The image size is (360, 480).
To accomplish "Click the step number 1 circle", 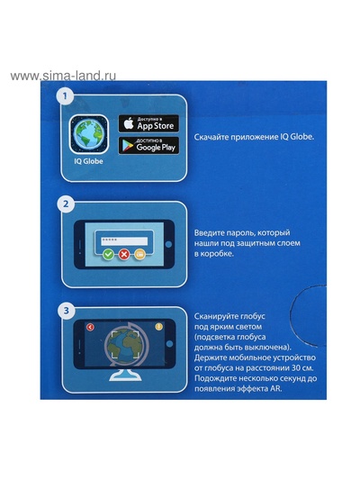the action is pos(65,96).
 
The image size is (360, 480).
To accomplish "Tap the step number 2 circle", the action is pos(66,204).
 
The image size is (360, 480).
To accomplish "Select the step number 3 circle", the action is pos(66,311).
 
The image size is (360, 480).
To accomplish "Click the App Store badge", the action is pos(148,123).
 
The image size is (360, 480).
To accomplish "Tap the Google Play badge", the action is pos(148,145).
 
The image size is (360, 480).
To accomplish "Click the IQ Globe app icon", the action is pos(89,134).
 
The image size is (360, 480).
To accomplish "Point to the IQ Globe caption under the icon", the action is pos(89,161).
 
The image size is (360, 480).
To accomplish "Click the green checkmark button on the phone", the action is pos(108,254).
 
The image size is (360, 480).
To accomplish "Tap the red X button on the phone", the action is pos(124,254).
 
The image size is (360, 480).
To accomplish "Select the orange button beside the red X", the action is pos(139,254).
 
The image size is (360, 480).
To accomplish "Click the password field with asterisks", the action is pos(124,240).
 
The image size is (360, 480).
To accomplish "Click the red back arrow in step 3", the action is pos(90,327).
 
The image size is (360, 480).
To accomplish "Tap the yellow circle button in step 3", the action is pos(158,326).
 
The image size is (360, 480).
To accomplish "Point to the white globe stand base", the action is pos(125,376).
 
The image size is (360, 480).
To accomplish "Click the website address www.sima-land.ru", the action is pos(63,76).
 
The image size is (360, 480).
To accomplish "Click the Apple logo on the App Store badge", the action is pos(129,123).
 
